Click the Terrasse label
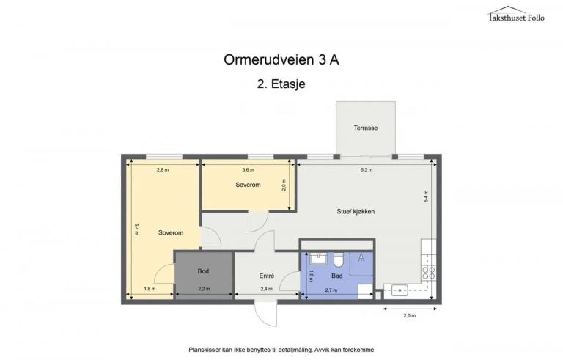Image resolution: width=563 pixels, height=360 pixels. [x=366, y=128]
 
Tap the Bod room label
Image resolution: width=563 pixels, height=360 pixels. [x=203, y=271]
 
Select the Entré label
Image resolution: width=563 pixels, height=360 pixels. [x=267, y=276]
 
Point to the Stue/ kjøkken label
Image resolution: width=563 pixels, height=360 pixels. [x=356, y=212]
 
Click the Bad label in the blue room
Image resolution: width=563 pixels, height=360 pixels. [x=336, y=276]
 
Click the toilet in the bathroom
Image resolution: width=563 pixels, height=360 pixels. [x=339, y=260]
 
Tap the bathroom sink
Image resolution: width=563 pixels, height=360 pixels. [x=318, y=258]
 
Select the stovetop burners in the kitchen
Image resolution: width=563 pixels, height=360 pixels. [x=429, y=273]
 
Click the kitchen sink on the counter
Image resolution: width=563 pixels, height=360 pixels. [x=400, y=290]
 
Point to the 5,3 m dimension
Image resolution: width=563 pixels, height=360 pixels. [x=367, y=170]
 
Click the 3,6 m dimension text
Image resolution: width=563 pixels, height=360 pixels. [x=248, y=170]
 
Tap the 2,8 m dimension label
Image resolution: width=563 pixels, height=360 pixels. [x=163, y=170]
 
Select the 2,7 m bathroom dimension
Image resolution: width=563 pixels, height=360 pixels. [x=331, y=290]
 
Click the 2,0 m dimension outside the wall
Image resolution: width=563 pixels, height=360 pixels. [x=410, y=315]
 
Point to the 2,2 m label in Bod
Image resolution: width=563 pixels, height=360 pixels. [x=204, y=289]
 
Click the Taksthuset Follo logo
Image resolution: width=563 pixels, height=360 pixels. [x=516, y=15]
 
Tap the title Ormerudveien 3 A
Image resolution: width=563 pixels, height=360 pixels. [x=281, y=59]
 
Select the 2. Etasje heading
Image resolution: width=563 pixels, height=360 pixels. [x=281, y=84]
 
